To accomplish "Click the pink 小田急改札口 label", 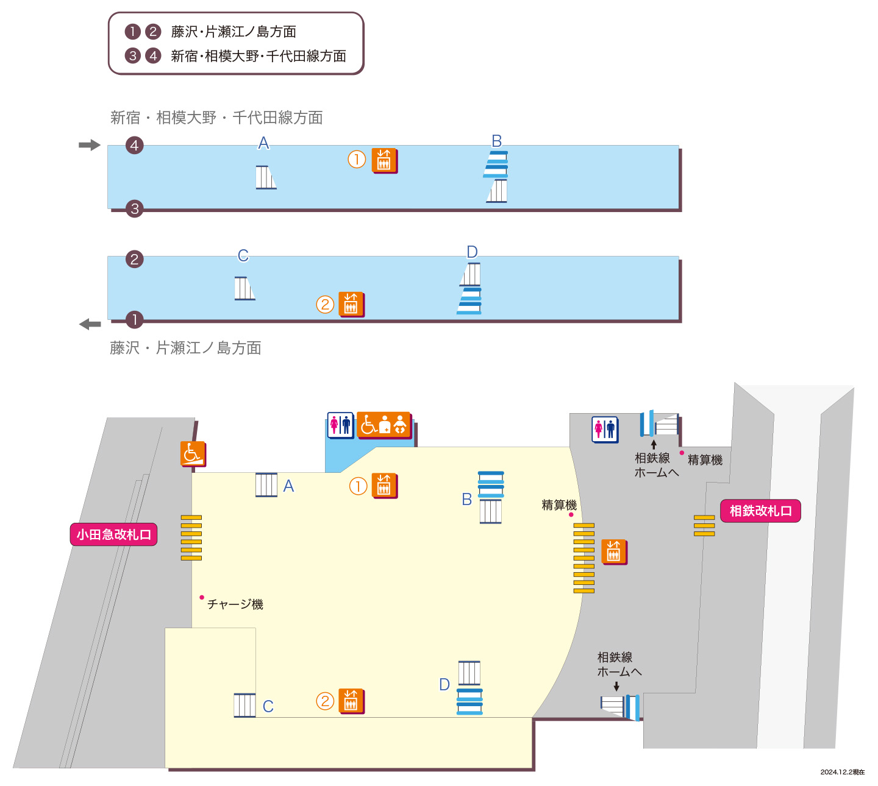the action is [x=113, y=534].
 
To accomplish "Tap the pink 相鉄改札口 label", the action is [x=760, y=511].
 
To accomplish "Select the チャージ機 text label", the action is [x=235, y=604].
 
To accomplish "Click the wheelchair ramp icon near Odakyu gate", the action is [x=193, y=453].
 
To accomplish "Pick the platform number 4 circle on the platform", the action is [x=134, y=145].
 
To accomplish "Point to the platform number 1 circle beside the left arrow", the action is [x=134, y=320].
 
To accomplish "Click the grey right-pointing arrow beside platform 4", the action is [x=90, y=144].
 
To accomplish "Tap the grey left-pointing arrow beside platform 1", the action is [x=90, y=324].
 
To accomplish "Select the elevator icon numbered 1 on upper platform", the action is [x=384, y=161].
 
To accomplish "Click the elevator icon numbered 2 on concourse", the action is [x=351, y=701].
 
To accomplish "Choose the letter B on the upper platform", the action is [x=497, y=141].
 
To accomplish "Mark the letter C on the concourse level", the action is [x=268, y=706].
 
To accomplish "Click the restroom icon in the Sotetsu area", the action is [x=605, y=429].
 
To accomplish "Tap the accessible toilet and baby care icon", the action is [x=384, y=425].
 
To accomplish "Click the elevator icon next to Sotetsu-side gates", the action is [x=614, y=551].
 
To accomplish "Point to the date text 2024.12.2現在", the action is [x=842, y=772].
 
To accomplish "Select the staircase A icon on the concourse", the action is [x=266, y=484].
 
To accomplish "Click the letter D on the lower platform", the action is [x=472, y=252].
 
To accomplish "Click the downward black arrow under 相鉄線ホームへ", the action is [x=616, y=687].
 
